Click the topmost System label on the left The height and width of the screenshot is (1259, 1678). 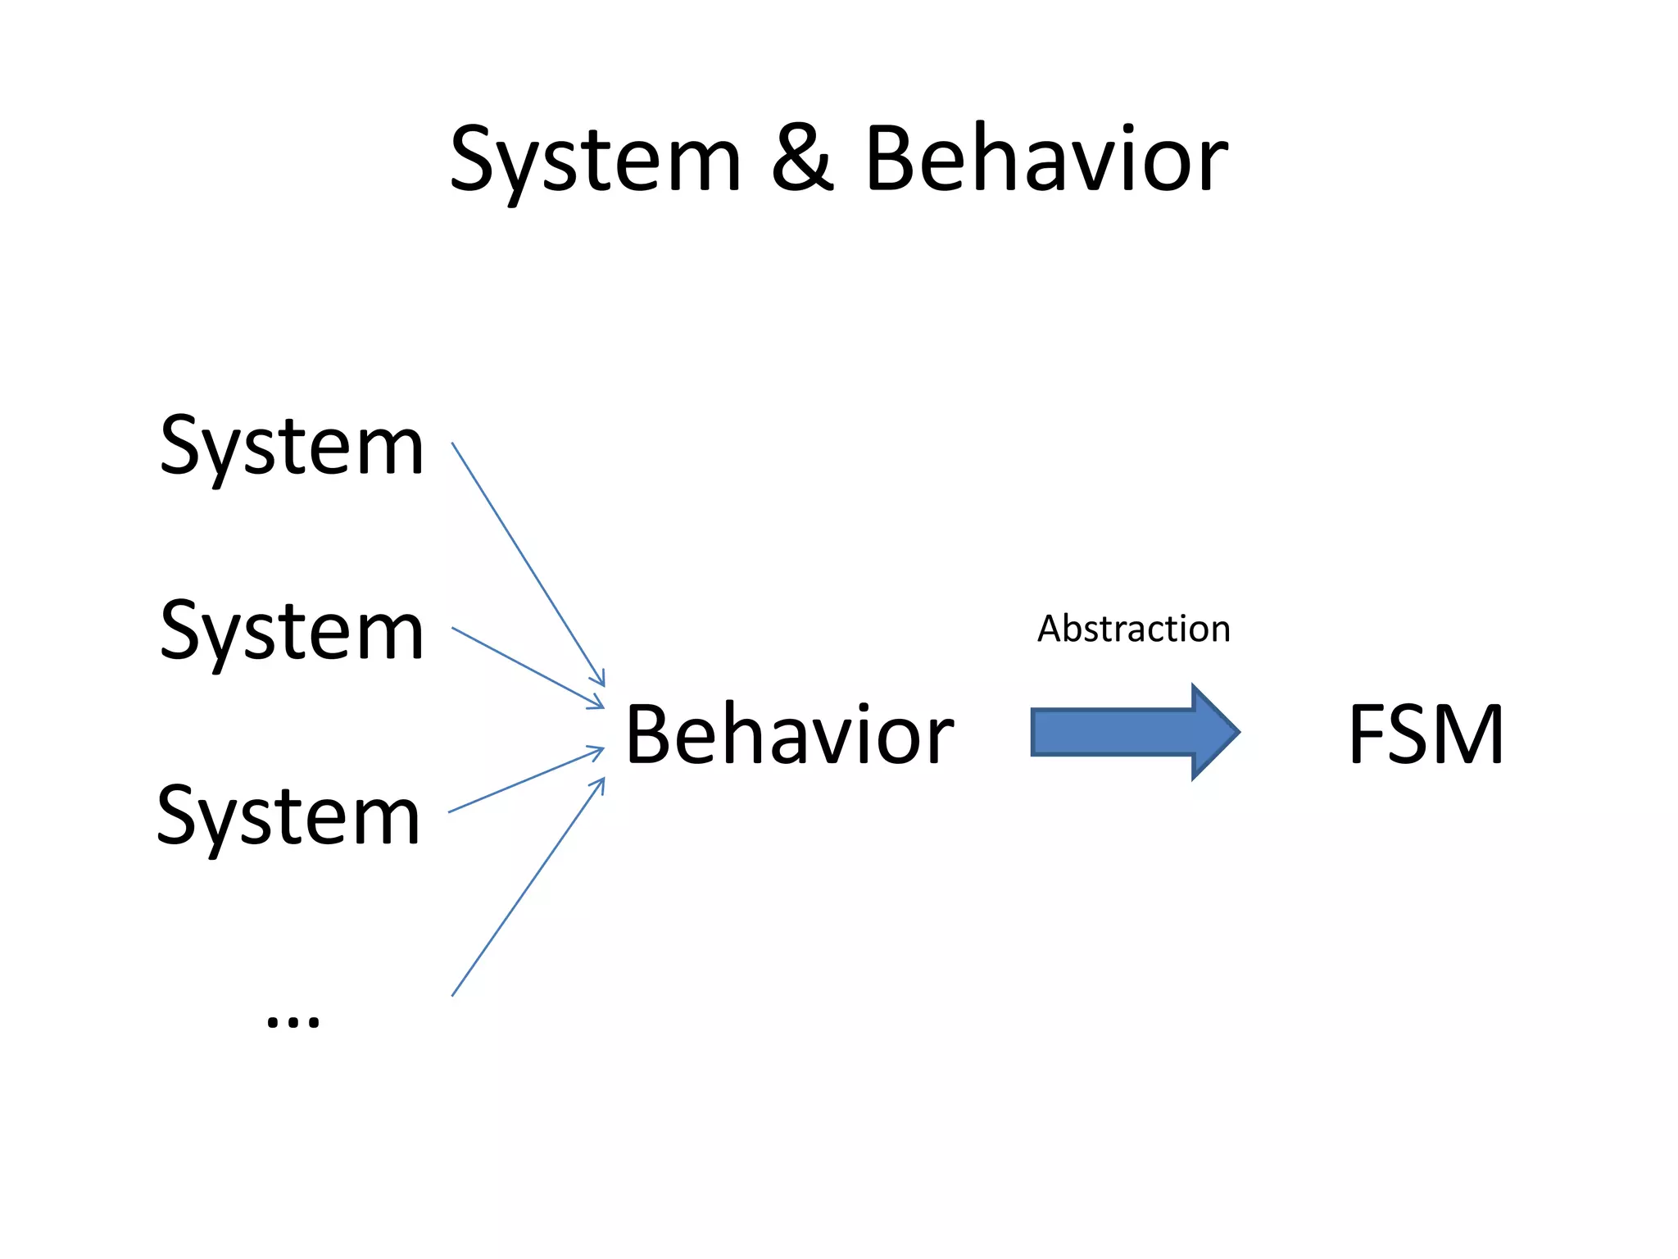coord(292,447)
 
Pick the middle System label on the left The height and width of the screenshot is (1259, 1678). coord(292,631)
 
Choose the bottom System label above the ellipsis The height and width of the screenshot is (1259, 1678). coord(288,816)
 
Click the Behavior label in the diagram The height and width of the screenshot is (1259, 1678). coord(789,735)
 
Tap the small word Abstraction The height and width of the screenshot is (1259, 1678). coord(1134,629)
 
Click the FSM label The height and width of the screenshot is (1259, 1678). coord(1426,735)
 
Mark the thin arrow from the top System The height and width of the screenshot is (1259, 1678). coord(528,564)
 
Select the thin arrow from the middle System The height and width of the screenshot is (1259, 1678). coord(528,668)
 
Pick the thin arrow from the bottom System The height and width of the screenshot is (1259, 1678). coord(526,779)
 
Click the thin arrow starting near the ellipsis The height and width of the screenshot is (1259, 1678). coord(528,887)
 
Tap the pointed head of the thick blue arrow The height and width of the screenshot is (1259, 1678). coord(1217,731)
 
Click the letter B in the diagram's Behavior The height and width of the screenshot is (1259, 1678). coord(650,735)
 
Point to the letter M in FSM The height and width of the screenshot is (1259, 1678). coord(1470,735)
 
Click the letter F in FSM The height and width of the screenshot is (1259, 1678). coord(1366,735)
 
